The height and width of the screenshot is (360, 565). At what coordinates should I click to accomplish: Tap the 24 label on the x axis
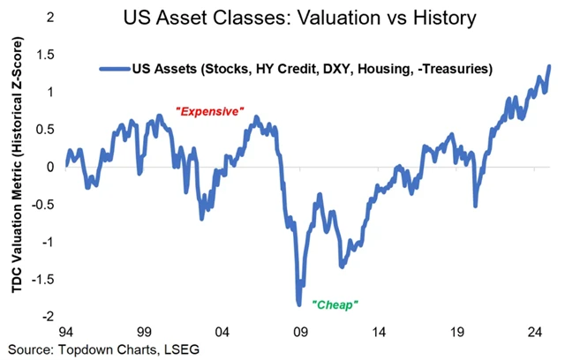(x=533, y=334)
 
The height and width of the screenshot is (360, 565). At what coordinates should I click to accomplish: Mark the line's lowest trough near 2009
(x=298, y=304)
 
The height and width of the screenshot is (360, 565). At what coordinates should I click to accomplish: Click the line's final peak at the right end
(x=549, y=66)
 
